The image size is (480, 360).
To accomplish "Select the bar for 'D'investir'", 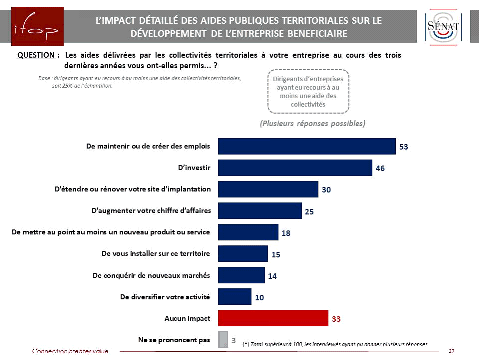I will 295,168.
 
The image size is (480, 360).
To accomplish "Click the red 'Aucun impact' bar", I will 273,318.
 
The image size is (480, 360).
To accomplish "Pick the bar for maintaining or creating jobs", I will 307,146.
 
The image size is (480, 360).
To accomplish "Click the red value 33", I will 336,318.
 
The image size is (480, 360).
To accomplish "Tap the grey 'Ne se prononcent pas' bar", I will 223,340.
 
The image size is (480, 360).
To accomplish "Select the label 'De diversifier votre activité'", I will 165,297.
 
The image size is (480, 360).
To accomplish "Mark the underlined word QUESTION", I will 35,55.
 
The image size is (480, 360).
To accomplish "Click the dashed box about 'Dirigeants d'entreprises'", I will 308,91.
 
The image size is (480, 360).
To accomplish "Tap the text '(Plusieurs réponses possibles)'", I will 313,123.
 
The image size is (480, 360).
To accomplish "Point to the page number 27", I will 451,351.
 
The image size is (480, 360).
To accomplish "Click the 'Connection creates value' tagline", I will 70,351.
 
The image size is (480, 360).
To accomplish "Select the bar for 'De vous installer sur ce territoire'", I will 243,254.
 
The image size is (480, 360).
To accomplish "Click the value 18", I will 286,233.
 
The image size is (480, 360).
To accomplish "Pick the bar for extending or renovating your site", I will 268,189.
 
